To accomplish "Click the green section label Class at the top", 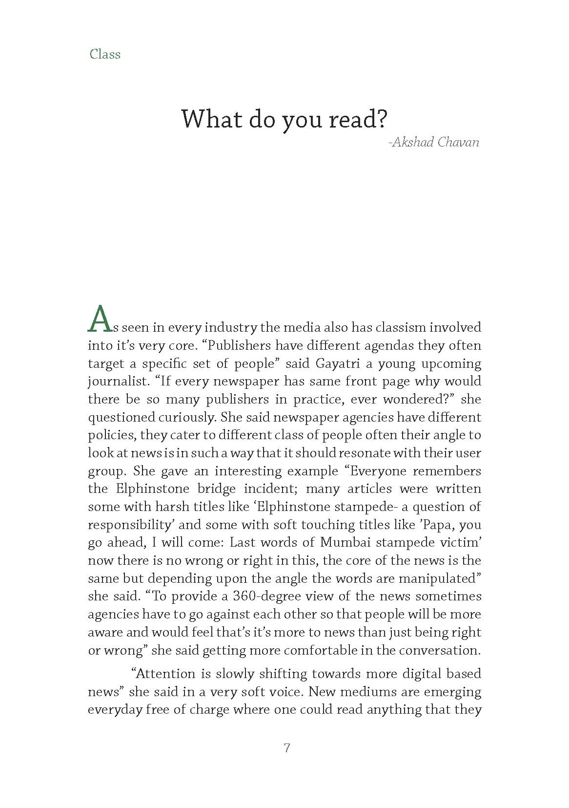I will [105, 54].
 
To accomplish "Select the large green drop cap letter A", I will [99, 319].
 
